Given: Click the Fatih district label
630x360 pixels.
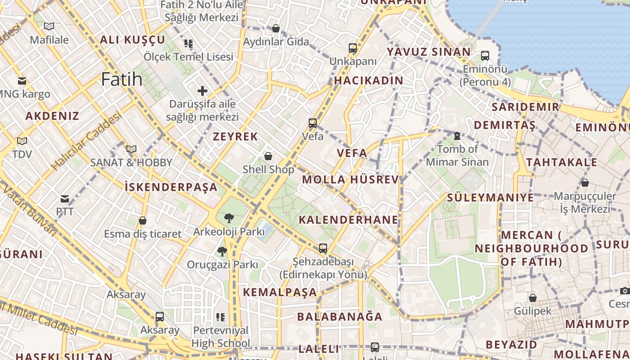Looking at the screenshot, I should coord(121,80).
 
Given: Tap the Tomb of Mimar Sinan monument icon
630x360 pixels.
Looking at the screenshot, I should coord(457,135).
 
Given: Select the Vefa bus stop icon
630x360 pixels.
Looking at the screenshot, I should coord(312,123).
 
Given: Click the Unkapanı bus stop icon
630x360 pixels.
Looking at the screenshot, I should coord(353,48).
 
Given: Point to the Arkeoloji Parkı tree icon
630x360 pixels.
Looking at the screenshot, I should coord(229,219).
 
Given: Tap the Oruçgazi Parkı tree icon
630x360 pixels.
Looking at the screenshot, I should coord(222,251).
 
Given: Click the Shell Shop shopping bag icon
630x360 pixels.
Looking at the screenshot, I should coord(268,156).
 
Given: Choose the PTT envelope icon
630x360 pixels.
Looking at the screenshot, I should coord(65,198).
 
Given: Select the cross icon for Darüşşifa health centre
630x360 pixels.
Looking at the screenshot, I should coord(202,91).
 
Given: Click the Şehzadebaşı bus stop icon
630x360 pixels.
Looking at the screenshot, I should coord(323,248).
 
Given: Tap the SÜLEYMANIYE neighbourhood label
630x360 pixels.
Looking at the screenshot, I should coord(490,198).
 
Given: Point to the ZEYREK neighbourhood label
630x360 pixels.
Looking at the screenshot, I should coord(235,136).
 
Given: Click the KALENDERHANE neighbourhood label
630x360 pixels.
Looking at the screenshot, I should coord(348,220).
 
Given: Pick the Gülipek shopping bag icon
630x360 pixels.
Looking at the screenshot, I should coord(532,298).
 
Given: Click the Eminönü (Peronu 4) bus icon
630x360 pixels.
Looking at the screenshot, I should coord(485,56).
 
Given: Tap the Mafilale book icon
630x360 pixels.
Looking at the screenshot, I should coord(49,27).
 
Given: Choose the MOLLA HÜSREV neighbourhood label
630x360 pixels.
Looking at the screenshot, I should coord(350,180).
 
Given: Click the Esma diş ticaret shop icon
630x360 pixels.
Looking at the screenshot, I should coord(143,220).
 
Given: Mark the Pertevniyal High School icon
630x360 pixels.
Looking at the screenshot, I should coord(220,317).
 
